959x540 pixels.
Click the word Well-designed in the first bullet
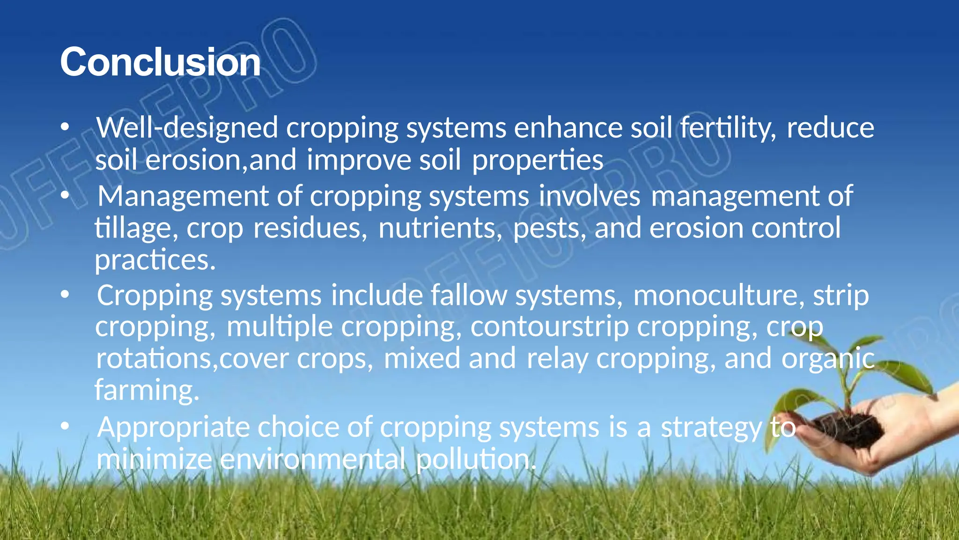pos(187,127)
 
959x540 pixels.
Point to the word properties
pos(537,160)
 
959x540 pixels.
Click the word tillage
pos(136,228)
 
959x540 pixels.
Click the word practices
pos(155,260)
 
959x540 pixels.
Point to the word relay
pos(557,358)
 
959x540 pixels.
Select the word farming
pos(147,390)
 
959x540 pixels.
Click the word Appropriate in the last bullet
pos(172,428)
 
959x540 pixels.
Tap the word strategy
pos(711,428)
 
